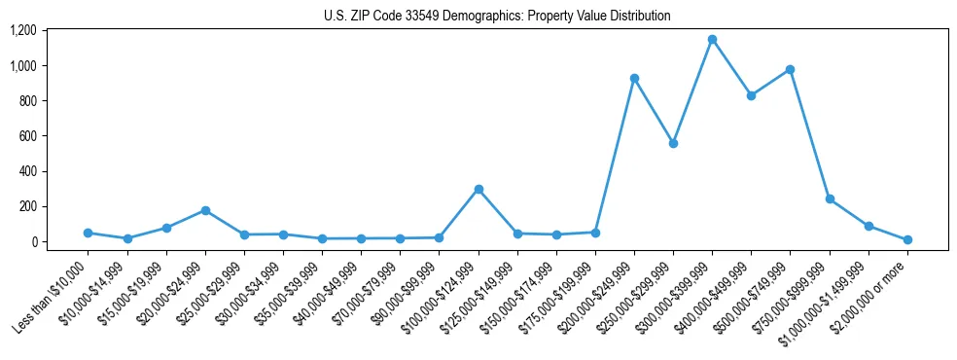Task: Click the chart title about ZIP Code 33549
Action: coord(497,17)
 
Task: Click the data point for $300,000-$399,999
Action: coord(712,40)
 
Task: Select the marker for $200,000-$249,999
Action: coord(634,78)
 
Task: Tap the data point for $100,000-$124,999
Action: coord(478,189)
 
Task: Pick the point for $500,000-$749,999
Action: coord(790,69)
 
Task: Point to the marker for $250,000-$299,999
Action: coord(673,143)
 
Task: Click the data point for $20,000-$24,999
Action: coord(205,210)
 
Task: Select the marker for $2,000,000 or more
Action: coord(907,239)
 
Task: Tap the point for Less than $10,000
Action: coord(89,233)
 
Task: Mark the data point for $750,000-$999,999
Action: coord(830,198)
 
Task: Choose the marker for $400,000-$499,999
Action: coord(751,95)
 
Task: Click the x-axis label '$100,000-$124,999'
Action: coord(441,298)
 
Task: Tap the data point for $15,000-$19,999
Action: coord(166,228)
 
